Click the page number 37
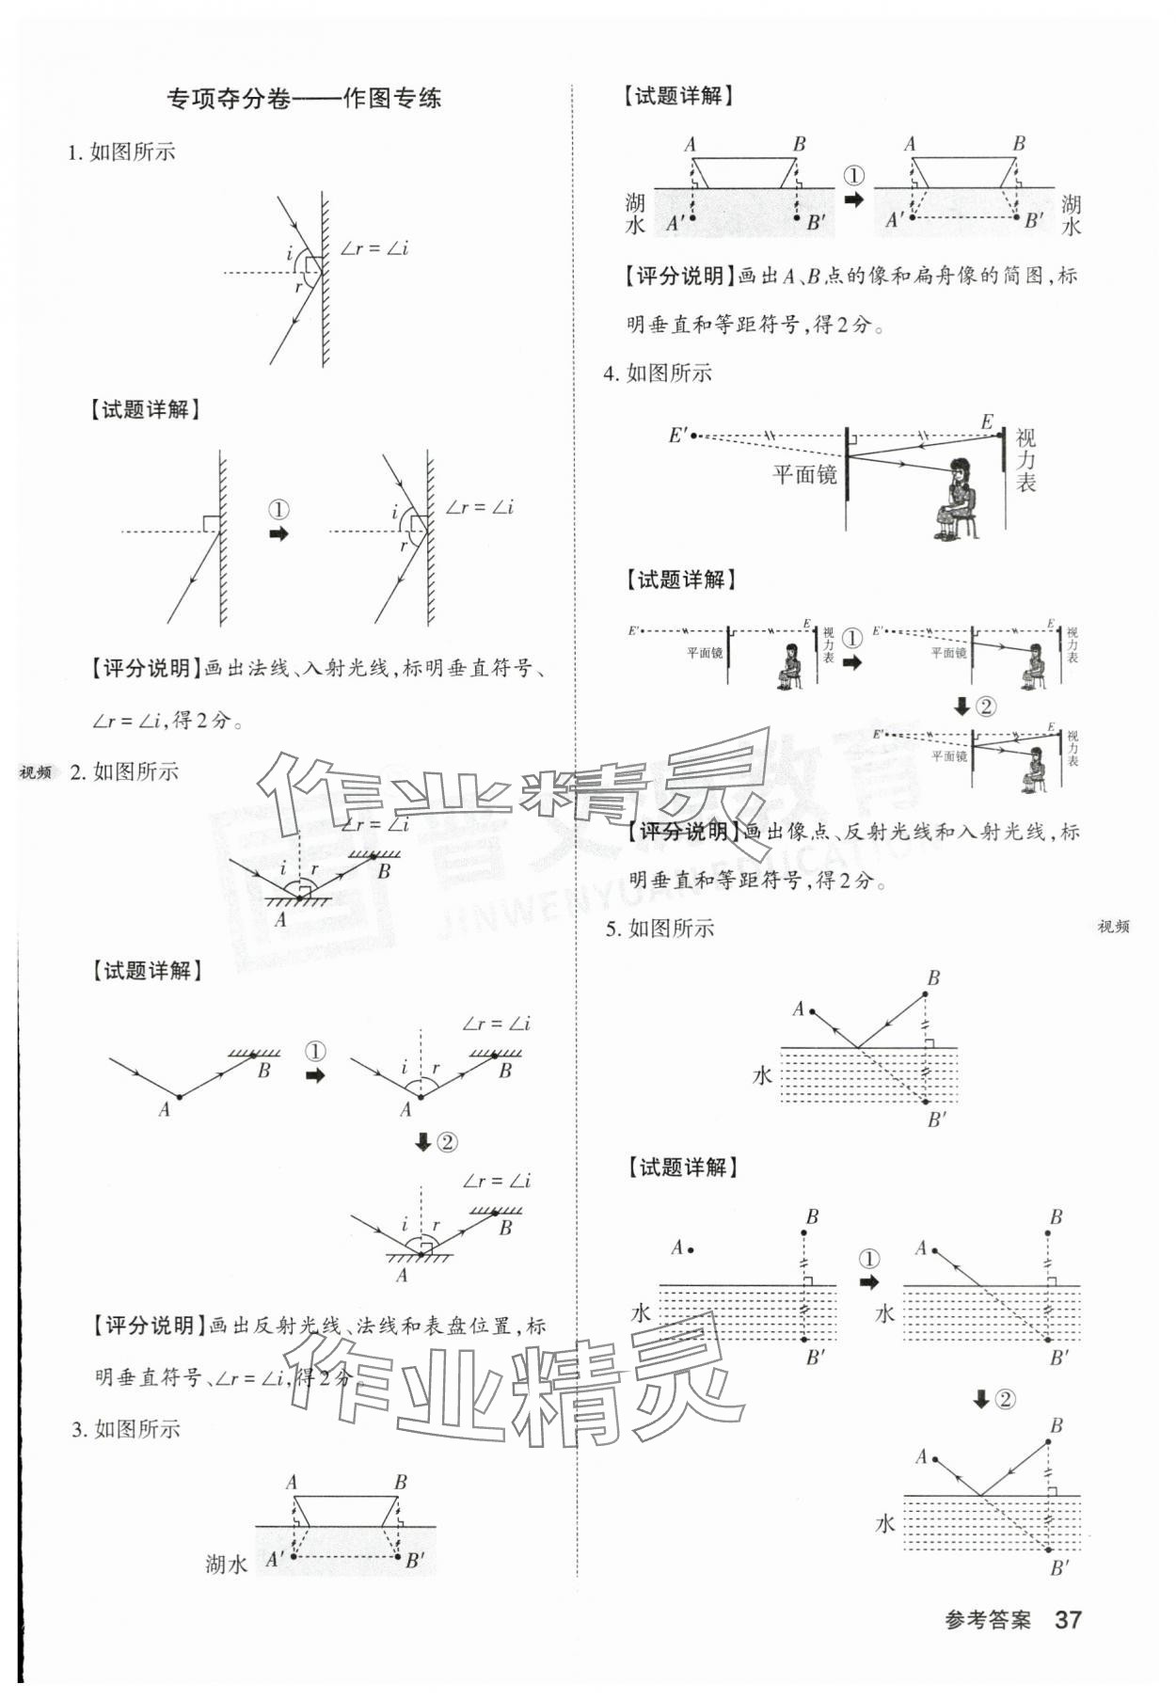point(1068,1619)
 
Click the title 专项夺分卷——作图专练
point(303,98)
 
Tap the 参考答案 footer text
point(987,1620)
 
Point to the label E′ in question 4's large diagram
point(678,435)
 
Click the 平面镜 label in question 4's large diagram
point(804,474)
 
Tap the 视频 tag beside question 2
point(36,772)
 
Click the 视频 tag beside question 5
point(1113,927)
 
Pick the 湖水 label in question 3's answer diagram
point(226,1564)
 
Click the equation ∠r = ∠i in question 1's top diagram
point(374,248)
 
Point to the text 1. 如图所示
point(121,152)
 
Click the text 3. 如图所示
point(125,1429)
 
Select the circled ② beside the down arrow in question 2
point(447,1142)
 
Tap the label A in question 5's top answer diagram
point(798,1009)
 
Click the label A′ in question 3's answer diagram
point(275,1559)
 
